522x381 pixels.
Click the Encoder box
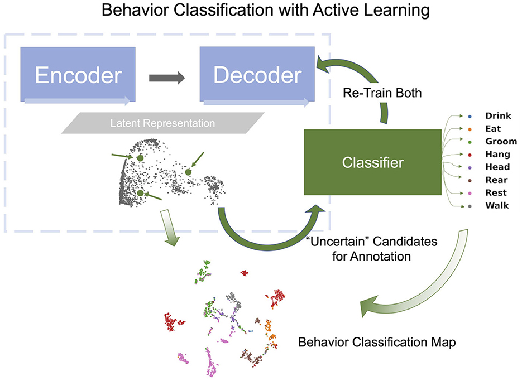click(x=78, y=75)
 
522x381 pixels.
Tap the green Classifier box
click(x=373, y=162)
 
